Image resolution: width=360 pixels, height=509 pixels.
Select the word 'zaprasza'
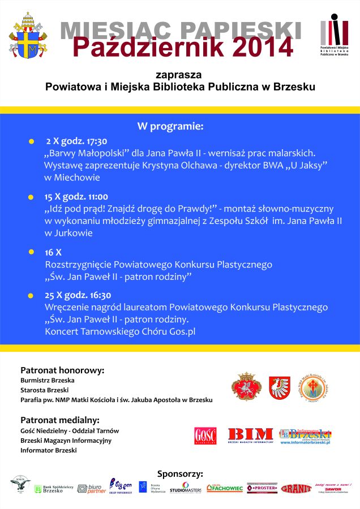(x=179, y=75)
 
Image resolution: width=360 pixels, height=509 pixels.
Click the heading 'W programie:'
(x=170, y=126)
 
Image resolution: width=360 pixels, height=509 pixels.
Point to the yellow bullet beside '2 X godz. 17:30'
(x=31, y=142)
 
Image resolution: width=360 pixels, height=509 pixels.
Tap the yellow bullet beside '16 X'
(x=31, y=252)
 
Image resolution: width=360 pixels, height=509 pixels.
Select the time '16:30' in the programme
(x=100, y=295)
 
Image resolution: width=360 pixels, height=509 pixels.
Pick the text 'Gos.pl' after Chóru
(x=182, y=331)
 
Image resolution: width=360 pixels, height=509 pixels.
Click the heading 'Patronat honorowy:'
(x=62, y=370)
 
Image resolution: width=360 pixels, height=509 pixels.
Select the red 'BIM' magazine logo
(x=250, y=435)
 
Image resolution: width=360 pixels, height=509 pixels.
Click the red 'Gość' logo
(x=205, y=436)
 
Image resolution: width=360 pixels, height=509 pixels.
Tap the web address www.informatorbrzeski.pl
(x=305, y=442)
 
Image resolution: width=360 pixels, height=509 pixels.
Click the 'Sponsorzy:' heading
(x=180, y=474)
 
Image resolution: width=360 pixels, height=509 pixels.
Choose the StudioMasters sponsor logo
(x=185, y=488)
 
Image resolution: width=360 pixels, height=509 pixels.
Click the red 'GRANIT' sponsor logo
(x=296, y=488)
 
